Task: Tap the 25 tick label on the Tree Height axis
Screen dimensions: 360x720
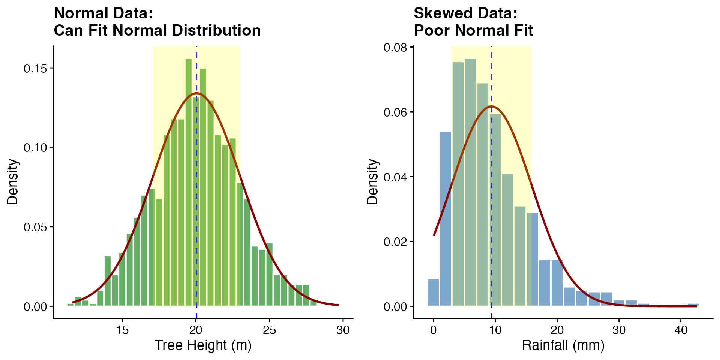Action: [x=269, y=330]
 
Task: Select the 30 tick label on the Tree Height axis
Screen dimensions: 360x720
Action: [x=343, y=330]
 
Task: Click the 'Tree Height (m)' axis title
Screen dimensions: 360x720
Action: [x=203, y=345]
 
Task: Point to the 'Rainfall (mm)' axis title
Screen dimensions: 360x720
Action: [x=563, y=345]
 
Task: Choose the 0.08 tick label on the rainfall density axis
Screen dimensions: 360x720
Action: [x=395, y=48]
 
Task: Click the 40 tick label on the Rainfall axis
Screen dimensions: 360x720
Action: [x=681, y=330]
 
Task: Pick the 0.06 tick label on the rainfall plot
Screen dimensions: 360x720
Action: [x=395, y=112]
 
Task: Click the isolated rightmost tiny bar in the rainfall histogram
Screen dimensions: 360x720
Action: [x=693, y=304]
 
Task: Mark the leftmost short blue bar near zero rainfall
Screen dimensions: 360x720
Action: [x=433, y=292]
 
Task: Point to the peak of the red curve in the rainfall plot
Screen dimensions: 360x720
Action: [x=491, y=106]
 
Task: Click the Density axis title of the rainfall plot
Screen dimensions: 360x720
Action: [x=373, y=182]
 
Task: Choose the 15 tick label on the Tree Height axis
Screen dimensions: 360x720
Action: [x=122, y=330]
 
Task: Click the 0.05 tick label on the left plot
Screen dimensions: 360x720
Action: [x=36, y=227]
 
